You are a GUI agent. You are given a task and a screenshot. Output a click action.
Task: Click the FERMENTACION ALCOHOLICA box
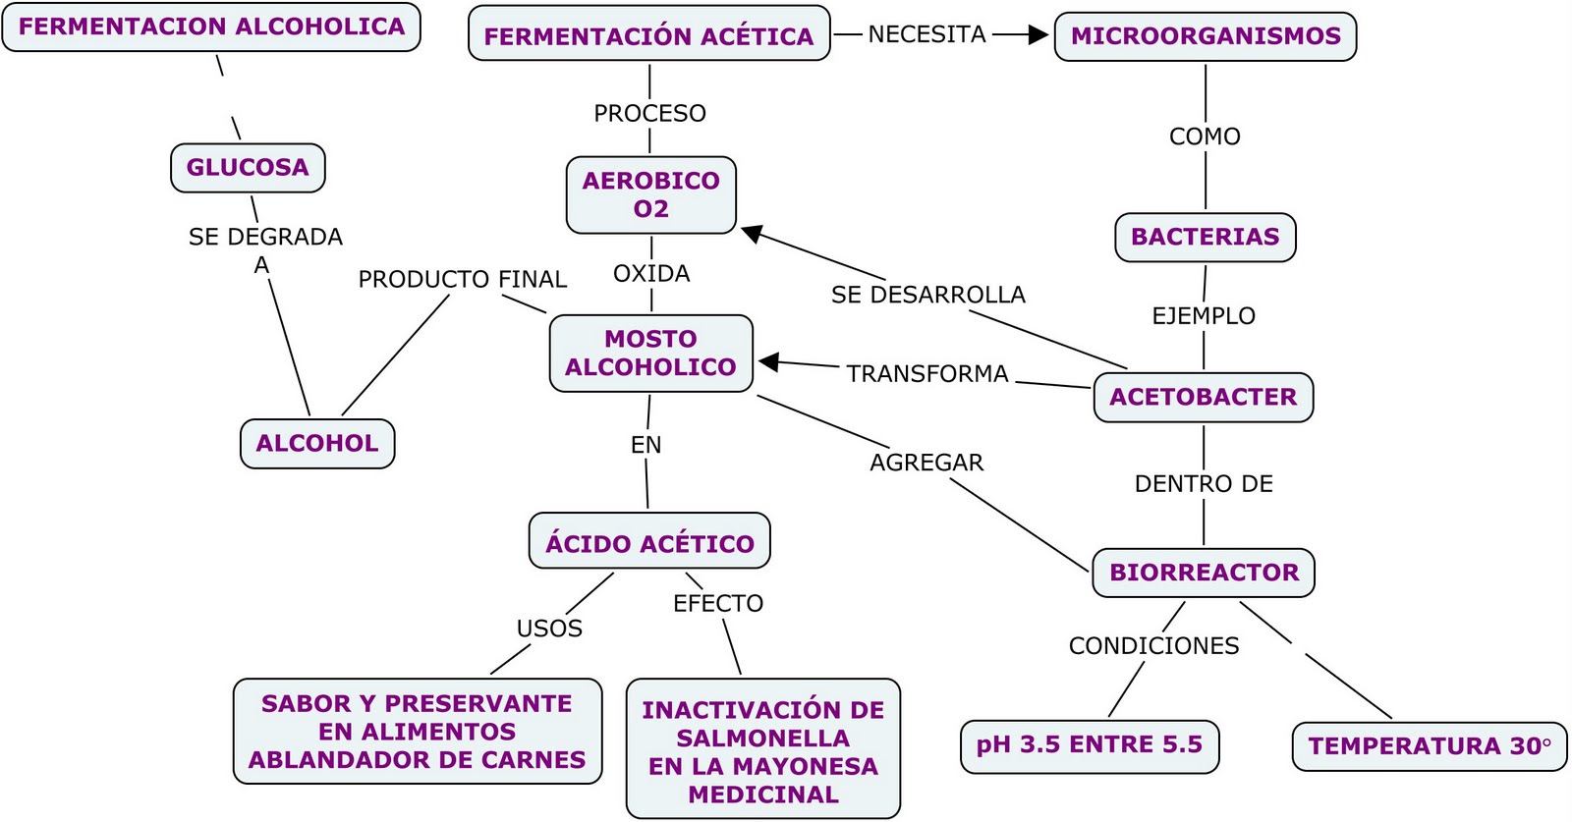[211, 27]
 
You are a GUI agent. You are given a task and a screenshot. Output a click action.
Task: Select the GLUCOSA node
[248, 167]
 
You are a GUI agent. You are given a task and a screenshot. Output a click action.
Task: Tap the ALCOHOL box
[316, 443]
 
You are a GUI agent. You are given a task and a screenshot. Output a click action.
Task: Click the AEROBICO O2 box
[650, 194]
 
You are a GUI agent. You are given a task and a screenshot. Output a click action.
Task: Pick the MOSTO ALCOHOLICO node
[650, 353]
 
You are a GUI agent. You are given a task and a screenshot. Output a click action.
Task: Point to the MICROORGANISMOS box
[1205, 36]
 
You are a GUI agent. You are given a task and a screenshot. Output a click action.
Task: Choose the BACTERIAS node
[1205, 237]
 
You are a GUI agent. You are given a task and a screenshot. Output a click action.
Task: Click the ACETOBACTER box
[1203, 397]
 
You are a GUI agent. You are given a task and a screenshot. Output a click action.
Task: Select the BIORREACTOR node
[1204, 572]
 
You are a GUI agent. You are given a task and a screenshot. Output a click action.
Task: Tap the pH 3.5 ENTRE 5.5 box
[1089, 745]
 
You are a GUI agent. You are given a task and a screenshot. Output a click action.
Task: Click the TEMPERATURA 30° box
[1430, 746]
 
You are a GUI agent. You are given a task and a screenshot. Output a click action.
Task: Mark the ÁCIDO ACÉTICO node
[649, 543]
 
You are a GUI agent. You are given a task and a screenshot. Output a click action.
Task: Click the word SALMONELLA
[762, 738]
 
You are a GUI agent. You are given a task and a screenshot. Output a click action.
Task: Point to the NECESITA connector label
[926, 34]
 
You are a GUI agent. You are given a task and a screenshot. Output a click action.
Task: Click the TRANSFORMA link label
[926, 374]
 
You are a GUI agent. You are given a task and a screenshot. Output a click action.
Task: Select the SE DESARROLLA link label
[927, 295]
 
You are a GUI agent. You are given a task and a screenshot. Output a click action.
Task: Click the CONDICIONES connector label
[1153, 645]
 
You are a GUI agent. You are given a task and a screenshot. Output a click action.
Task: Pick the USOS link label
[549, 629]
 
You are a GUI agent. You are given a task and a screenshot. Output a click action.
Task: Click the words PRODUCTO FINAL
[462, 279]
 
